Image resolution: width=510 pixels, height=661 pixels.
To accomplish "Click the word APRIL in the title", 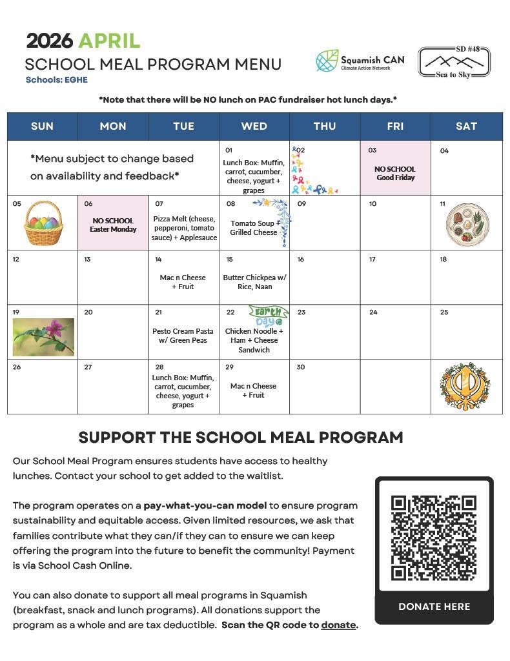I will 109,41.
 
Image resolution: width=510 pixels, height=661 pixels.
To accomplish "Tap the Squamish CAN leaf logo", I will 327,61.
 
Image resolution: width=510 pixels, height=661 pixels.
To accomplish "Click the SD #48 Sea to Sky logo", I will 453,62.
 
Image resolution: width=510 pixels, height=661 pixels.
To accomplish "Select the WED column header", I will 254,127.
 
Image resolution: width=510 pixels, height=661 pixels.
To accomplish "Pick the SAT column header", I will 466,127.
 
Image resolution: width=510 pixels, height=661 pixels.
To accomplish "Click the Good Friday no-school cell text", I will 395,173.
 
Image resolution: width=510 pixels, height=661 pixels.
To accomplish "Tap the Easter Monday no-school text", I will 113,225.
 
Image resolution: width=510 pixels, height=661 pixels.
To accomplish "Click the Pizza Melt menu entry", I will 184,228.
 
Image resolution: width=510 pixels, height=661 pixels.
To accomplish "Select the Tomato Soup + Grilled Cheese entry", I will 253,227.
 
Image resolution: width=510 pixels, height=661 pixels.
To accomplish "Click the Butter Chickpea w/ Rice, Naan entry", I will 254,282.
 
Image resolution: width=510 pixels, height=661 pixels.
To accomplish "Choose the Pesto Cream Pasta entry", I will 184,336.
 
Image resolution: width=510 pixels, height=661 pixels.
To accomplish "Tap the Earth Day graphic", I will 268,316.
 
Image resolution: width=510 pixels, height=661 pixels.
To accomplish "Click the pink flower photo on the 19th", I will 43,337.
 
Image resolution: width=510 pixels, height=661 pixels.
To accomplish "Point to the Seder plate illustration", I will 467,224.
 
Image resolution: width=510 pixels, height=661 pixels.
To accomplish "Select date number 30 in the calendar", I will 301,367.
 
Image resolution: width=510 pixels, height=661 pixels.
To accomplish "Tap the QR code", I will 434,537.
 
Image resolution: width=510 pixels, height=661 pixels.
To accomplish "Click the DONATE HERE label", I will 434,607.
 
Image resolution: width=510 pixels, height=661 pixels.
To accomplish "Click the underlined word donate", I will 338,625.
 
